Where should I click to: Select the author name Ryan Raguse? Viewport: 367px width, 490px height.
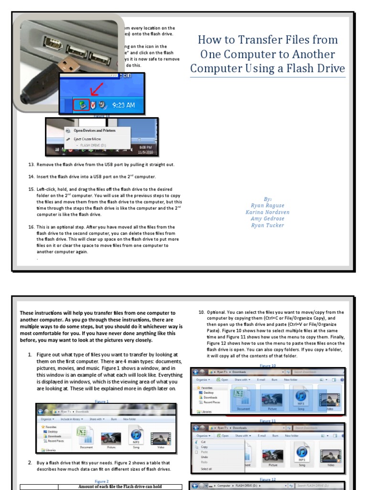(267, 205)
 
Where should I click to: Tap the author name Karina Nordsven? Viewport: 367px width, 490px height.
(267, 212)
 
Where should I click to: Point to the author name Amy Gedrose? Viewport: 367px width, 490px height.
(267, 219)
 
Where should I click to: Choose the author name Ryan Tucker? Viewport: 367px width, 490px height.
(267, 225)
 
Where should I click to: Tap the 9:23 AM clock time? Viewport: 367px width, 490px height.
(124, 105)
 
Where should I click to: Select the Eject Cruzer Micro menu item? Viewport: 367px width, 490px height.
(87, 138)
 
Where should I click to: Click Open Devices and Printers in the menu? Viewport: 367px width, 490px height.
(94, 130)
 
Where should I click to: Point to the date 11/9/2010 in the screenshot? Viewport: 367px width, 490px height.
(145, 152)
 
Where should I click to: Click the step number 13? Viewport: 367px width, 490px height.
(31, 165)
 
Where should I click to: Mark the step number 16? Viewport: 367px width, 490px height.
(31, 227)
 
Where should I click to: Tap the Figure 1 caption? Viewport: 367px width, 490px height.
(101, 401)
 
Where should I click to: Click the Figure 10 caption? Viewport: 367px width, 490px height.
(268, 366)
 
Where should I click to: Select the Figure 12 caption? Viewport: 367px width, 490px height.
(268, 479)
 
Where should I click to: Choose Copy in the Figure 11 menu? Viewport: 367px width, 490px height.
(204, 447)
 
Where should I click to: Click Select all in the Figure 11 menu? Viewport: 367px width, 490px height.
(206, 469)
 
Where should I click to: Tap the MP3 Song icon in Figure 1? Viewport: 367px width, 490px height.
(136, 437)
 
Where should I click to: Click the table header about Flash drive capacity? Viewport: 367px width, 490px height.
(120, 487)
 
